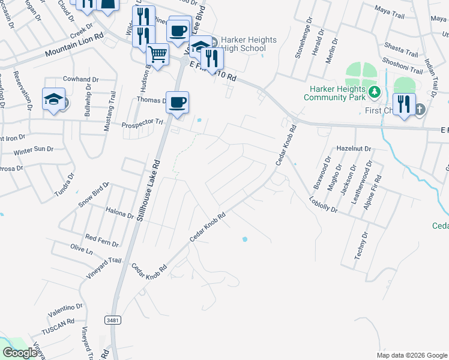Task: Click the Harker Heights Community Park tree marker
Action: [375, 92]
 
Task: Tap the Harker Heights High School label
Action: [249, 44]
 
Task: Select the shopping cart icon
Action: [158, 55]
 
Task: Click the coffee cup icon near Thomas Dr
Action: [176, 102]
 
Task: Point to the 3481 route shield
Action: [112, 320]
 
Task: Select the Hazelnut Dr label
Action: [354, 148]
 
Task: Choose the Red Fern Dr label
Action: [102, 241]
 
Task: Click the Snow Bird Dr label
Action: [93, 195]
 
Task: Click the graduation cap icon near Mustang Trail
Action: [53, 99]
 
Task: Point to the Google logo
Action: [20, 353]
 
